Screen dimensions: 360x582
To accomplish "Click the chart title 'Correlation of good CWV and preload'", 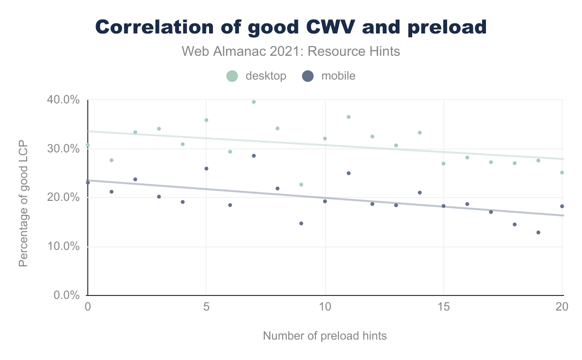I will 291,27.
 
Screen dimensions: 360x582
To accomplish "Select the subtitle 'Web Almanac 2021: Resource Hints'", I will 291,51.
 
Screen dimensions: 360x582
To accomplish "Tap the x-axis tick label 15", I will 444,307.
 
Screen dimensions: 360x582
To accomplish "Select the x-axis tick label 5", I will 206,307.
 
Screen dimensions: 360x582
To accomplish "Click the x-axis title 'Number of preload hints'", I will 325,336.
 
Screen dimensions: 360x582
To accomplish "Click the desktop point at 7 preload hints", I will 254,102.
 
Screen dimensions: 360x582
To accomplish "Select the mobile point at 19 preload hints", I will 538,232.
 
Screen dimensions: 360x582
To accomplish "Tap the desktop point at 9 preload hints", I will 301,185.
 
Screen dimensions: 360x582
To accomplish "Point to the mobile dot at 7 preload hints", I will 254,156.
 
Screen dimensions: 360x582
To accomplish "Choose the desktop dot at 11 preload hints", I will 349,117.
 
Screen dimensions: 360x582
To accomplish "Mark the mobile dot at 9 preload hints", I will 301,223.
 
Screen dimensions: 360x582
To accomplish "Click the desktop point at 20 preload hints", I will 562,172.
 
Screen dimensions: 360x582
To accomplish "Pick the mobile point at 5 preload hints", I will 206,168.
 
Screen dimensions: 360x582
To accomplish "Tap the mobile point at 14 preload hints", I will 420,193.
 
